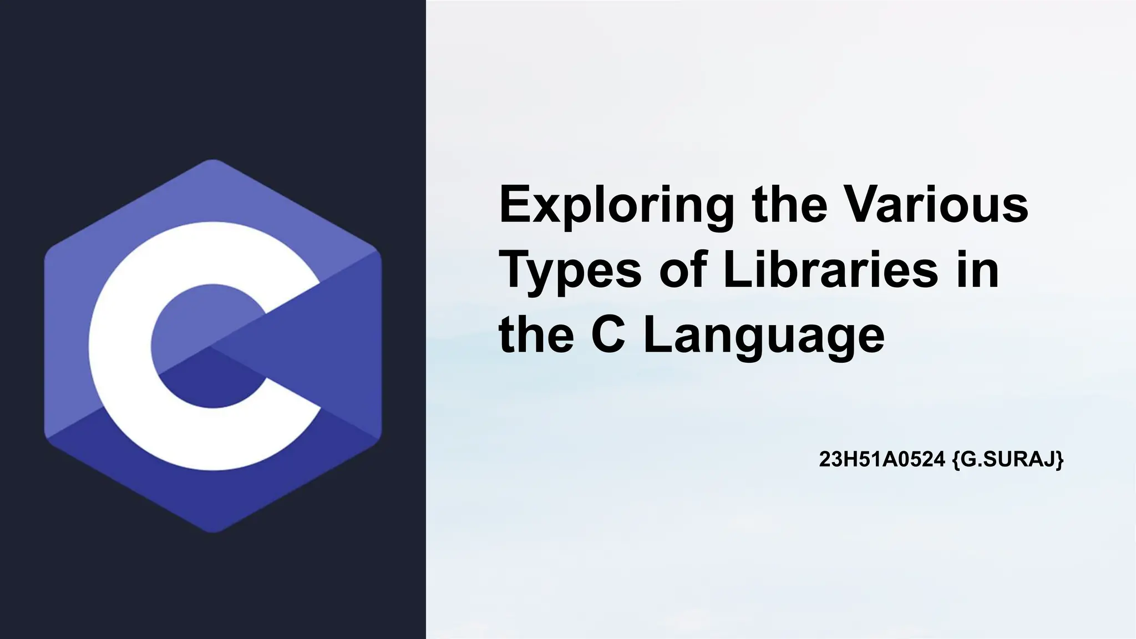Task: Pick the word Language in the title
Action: pyautogui.click(x=764, y=337)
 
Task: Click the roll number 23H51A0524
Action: pyautogui.click(x=882, y=459)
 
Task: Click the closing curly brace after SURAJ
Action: pyautogui.click(x=1060, y=460)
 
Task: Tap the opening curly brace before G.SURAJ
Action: pyautogui.click(x=956, y=460)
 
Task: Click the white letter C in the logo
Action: pyautogui.click(x=119, y=344)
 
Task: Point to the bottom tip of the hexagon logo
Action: pyautogui.click(x=213, y=531)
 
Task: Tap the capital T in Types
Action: pyautogui.click(x=516, y=270)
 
